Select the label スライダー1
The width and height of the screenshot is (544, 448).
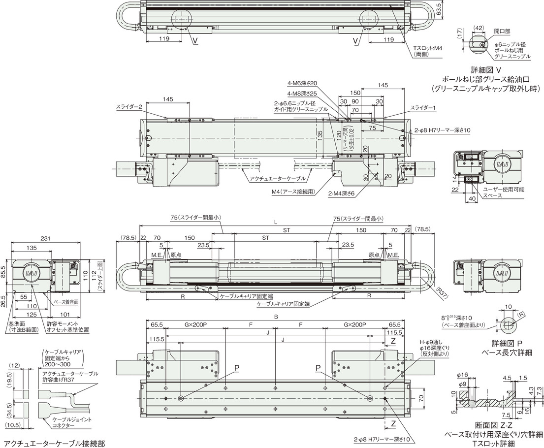423,108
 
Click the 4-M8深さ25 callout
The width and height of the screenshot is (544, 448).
302,94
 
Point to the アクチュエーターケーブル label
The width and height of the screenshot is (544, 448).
278,179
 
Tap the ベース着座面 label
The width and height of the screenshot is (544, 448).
66,302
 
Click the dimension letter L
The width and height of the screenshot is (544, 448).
276,222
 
